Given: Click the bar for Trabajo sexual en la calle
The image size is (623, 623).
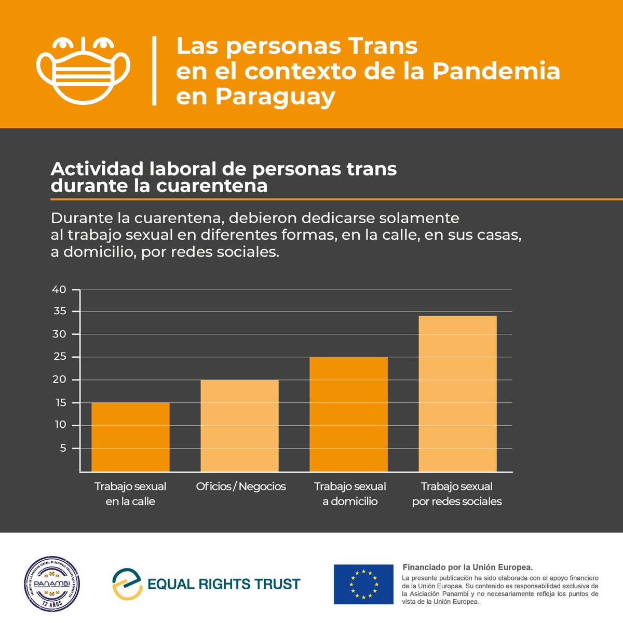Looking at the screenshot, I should click(x=130, y=437).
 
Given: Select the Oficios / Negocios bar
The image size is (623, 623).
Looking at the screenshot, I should click(x=239, y=425).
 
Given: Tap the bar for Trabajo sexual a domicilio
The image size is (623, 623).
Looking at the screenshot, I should click(x=348, y=414).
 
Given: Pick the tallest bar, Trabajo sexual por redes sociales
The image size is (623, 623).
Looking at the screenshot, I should click(x=457, y=394).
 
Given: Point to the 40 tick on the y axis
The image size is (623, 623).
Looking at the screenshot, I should click(x=60, y=290).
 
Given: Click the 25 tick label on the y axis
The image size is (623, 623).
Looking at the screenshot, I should click(x=60, y=357).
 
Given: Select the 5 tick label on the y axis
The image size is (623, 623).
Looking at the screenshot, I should click(x=63, y=448).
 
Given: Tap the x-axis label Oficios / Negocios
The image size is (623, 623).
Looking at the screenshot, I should click(x=241, y=486).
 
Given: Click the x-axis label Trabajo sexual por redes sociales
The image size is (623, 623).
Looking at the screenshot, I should click(x=457, y=494).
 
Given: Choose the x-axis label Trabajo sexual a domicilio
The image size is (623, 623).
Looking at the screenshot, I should click(x=350, y=494).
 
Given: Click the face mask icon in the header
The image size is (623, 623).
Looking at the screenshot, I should click(x=83, y=71).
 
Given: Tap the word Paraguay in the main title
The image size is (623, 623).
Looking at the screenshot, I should click(x=255, y=97).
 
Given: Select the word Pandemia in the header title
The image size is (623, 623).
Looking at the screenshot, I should click(x=496, y=71).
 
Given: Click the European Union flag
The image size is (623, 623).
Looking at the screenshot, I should click(x=363, y=584).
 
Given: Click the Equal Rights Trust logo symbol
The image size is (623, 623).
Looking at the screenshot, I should click(x=127, y=584).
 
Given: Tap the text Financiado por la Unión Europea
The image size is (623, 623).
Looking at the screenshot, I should click(x=468, y=567).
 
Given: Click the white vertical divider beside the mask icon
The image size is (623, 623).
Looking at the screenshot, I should click(x=154, y=71).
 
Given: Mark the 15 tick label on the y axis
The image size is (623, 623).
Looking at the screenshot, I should click(x=60, y=402).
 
